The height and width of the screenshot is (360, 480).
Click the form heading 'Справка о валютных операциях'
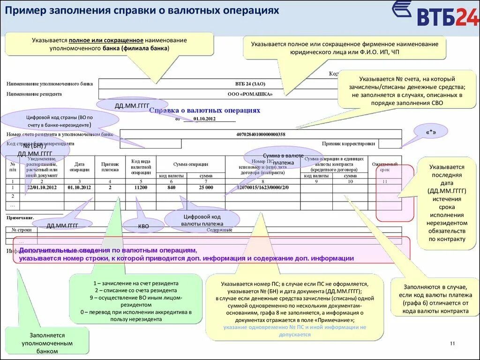coord(204,110)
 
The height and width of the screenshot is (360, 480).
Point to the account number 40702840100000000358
coord(261,134)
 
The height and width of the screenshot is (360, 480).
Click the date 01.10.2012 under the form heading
coord(204,119)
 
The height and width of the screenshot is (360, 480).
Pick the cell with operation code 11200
coord(140,187)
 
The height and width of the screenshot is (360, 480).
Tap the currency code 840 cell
coord(171,187)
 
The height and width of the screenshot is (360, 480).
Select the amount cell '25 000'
coord(205,187)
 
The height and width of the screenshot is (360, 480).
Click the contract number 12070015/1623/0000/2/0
coord(262,187)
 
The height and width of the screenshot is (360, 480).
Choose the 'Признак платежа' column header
coord(110,166)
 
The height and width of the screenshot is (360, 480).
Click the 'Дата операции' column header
coord(79,166)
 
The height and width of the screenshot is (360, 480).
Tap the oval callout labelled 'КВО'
coord(143,226)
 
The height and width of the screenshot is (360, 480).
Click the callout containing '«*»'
coord(431,133)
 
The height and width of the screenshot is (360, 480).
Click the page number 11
coord(452,344)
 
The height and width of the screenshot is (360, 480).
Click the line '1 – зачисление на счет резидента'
coord(136,284)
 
